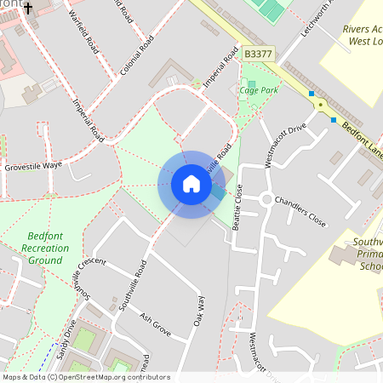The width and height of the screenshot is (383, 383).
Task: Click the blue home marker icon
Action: [x=191, y=184]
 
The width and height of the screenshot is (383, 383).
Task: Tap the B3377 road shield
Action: [x=258, y=53]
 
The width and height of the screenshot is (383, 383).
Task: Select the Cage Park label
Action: [x=259, y=89]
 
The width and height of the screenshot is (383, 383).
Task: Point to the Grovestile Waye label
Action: [x=33, y=165]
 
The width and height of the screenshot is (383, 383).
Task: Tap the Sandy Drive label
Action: [x=67, y=337]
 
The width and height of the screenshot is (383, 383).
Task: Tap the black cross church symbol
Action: [x=28, y=9]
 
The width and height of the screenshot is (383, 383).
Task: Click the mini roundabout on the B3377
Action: [x=321, y=104]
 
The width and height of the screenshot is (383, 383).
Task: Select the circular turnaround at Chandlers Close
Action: [x=266, y=200]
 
